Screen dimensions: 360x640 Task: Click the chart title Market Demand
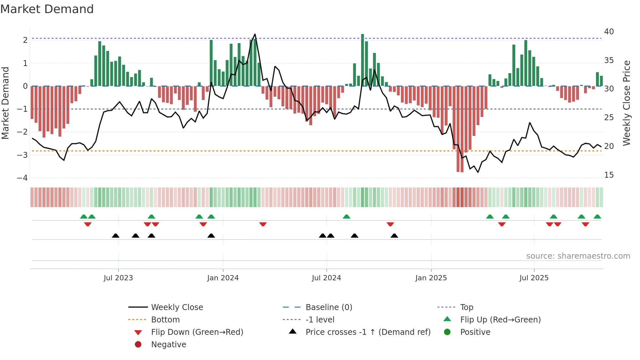tap(47, 9)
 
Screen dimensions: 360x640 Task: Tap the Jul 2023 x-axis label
tap(118, 278)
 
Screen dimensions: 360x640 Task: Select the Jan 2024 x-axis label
tap(223, 278)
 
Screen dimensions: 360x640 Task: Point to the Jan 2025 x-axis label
tap(431, 278)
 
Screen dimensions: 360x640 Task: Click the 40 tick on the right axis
tap(609, 32)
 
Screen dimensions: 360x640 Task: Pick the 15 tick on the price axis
tap(609, 175)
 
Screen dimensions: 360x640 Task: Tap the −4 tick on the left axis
tap(22, 178)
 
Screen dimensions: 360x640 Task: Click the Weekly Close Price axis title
tap(626, 103)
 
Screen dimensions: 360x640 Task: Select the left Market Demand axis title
tap(6, 103)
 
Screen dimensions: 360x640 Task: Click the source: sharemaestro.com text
tap(578, 256)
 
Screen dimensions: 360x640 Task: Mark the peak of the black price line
tap(255, 34)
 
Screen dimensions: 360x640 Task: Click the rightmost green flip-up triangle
tap(597, 217)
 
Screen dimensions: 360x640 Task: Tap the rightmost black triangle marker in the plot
tap(394, 236)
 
